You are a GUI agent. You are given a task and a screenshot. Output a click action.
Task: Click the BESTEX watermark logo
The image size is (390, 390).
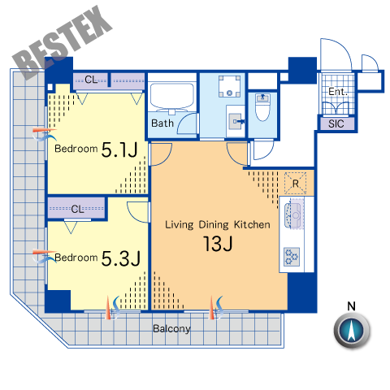(62, 42)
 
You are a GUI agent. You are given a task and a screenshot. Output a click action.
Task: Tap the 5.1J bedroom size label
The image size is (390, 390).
(119, 149)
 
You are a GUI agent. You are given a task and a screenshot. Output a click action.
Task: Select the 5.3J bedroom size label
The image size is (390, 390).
(120, 258)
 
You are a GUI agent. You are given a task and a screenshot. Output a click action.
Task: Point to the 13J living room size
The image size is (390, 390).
(218, 244)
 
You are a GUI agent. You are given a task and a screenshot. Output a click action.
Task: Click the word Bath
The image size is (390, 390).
(162, 123)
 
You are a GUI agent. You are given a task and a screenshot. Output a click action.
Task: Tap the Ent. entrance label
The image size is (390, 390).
(337, 92)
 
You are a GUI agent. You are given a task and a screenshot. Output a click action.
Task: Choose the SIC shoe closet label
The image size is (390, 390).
(336, 123)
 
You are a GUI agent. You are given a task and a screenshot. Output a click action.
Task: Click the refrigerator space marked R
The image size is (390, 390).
(296, 183)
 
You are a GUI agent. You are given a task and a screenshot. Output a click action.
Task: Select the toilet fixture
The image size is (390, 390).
(262, 107)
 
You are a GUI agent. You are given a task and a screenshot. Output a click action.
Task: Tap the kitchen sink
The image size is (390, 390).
(293, 215)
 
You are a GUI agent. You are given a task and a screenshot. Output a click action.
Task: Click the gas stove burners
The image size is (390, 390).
(292, 257)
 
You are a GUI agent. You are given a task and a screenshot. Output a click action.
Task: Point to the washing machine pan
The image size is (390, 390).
(230, 86)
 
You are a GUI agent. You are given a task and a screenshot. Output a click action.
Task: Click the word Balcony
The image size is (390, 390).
(171, 329)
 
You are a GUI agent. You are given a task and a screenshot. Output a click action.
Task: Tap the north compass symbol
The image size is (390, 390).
(352, 330)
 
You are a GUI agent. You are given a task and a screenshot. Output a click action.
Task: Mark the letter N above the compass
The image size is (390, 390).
(351, 306)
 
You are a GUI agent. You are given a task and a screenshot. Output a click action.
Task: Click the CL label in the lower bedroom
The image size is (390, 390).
(77, 209)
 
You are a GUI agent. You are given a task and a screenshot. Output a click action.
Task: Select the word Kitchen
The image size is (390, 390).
(252, 224)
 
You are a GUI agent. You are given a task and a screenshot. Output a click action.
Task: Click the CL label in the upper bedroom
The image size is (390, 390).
(91, 80)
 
